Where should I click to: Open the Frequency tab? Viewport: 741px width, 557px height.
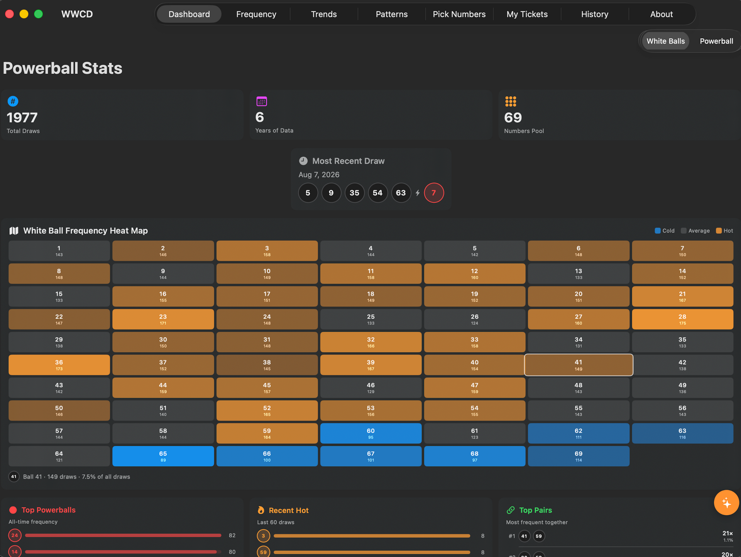(256, 14)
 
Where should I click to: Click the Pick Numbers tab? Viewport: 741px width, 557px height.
(459, 14)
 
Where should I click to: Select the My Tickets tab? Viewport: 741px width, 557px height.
(527, 14)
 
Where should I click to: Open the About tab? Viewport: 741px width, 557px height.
(661, 14)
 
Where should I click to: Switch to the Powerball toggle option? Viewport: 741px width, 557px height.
(716, 41)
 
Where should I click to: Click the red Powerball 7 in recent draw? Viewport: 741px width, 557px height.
(434, 193)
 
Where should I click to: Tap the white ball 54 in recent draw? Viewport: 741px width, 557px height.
(377, 193)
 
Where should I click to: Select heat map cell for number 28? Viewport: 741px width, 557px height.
(682, 319)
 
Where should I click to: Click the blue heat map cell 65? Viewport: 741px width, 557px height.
(163, 456)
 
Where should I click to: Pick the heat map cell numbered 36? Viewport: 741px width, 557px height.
(59, 365)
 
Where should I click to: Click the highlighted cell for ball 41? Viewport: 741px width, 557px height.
(579, 365)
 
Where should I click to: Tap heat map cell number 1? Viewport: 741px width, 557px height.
(59, 251)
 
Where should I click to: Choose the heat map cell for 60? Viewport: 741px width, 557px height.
(370, 433)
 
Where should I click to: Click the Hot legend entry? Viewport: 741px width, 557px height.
(724, 231)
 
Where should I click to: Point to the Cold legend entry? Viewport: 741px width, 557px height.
(665, 231)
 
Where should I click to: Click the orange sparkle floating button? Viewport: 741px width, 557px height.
(726, 503)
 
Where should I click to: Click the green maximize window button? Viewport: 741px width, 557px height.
(38, 14)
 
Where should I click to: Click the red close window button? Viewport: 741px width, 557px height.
(10, 14)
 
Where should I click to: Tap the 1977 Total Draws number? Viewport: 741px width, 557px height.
(22, 117)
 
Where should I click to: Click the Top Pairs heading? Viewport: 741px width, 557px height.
(535, 510)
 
